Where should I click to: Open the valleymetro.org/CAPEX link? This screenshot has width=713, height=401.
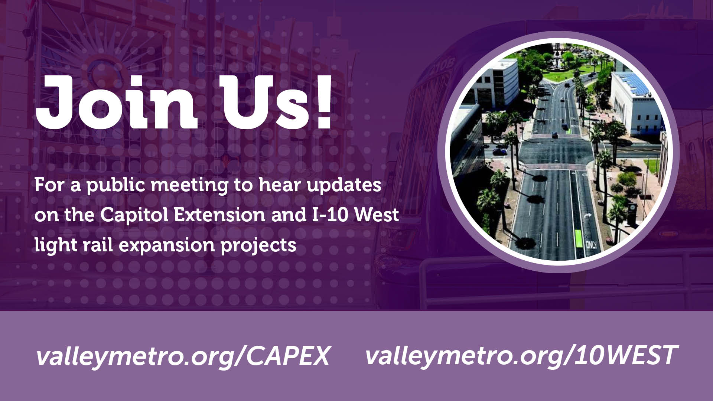tap(183, 356)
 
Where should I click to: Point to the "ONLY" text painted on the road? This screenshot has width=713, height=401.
tap(591, 245)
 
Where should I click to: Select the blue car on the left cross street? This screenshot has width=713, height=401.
tap(499, 151)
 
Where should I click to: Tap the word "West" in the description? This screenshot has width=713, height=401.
tap(377, 215)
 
